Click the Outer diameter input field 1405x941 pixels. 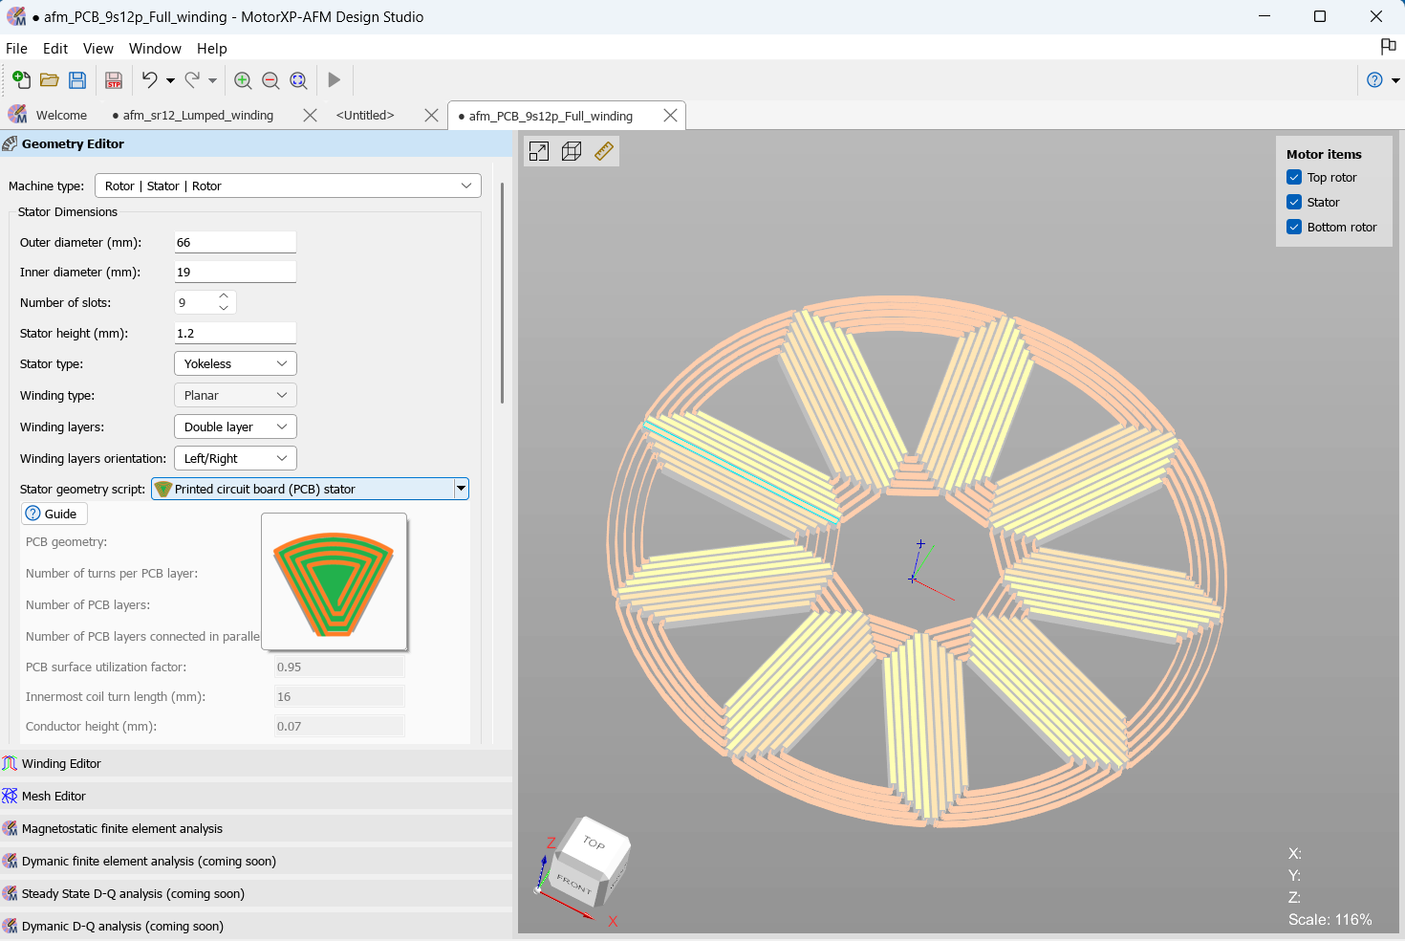234,243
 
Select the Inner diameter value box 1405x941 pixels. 234,273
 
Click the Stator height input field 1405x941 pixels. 234,334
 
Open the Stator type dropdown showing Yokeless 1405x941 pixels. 235,364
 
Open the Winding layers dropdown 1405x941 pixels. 235,427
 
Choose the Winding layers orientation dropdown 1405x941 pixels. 235,459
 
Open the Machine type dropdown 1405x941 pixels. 287,186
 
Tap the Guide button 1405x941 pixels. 54,514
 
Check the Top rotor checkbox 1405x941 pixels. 1294,178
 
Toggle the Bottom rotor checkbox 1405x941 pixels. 1294,228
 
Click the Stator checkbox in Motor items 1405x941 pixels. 1294,203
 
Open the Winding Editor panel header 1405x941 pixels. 61,764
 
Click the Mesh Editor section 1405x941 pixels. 54,797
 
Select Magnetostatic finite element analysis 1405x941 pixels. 121,829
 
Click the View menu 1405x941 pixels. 97,49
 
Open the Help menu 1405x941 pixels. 211,49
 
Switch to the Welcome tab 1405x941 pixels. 60,116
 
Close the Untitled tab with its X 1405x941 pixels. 431,116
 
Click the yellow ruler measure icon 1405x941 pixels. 604,151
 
